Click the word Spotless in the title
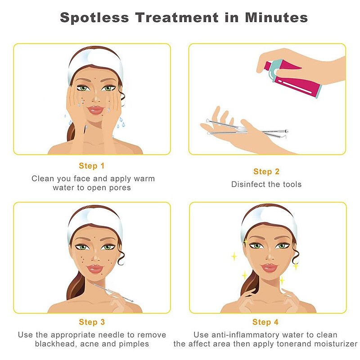(x=94, y=18)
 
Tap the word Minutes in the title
(x=276, y=18)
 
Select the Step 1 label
(x=92, y=166)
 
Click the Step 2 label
(x=266, y=171)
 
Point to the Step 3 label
(x=92, y=322)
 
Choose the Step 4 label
(x=265, y=322)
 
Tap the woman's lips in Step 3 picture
(x=95, y=269)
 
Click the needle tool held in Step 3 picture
(x=113, y=292)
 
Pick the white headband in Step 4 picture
(x=269, y=221)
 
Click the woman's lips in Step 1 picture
(x=96, y=110)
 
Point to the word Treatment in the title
(x=177, y=18)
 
